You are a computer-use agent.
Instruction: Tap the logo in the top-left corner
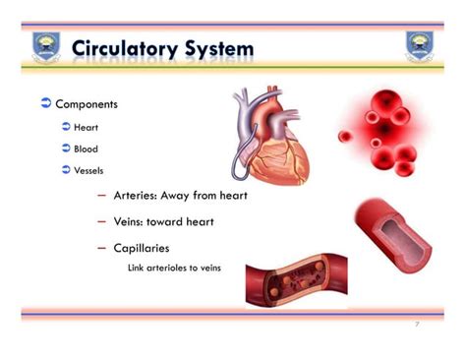46,46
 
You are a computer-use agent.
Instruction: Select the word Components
87,104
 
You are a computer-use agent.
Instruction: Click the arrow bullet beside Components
45,103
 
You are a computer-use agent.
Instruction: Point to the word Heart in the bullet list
87,127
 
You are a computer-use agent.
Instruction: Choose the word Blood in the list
87,149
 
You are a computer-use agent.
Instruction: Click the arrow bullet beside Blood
65,149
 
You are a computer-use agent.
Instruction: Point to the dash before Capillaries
102,249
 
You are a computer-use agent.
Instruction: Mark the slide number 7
416,324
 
